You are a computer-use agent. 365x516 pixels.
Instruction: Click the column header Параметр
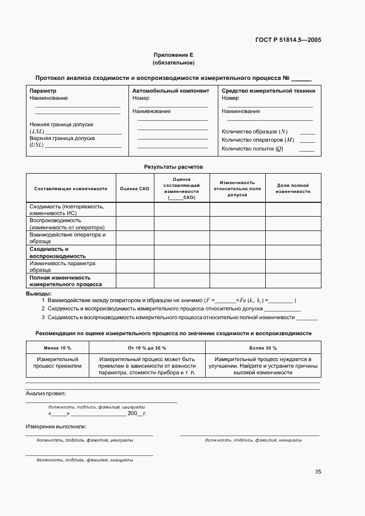43,90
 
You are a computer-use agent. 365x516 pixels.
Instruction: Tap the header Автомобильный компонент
171,90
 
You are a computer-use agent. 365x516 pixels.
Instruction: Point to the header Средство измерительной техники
268,90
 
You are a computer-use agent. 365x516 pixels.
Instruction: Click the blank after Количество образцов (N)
307,132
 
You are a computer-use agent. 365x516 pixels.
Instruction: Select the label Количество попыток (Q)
253,148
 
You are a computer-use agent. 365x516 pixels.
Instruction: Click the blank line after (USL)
83,146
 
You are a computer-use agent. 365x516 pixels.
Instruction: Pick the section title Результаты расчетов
174,166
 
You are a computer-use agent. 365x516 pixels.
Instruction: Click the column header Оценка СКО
135,189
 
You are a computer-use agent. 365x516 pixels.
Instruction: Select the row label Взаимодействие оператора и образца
67,238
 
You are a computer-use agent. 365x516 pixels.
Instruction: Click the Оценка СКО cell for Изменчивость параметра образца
135,266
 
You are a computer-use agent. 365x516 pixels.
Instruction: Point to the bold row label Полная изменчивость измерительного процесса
65,281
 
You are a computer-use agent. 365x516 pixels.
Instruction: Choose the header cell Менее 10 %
57,348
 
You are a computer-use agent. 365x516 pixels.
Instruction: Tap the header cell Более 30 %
263,348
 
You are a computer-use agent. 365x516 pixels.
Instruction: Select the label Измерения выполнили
56,427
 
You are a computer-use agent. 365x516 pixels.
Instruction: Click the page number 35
318,471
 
